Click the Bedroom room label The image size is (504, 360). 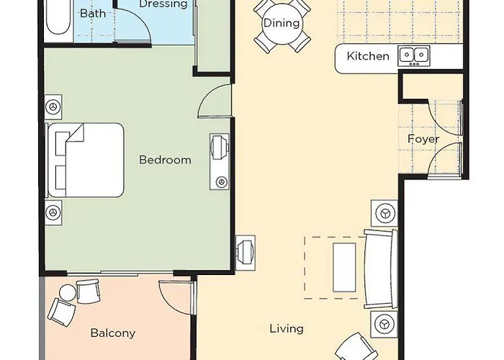click(x=165, y=159)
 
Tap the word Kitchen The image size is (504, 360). click(x=368, y=56)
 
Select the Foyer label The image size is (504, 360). click(x=423, y=139)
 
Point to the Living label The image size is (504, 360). click(x=286, y=328)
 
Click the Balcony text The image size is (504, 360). click(x=112, y=333)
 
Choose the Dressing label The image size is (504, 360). click(x=163, y=4)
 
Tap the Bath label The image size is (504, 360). click(x=92, y=14)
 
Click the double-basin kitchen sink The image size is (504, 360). click(x=414, y=55)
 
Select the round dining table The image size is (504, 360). click(x=281, y=23)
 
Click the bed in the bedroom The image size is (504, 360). click(x=86, y=160)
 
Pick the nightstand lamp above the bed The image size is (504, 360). click(x=52, y=107)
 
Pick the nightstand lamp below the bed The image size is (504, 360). click(x=52, y=213)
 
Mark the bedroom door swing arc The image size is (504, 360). click(x=214, y=101)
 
